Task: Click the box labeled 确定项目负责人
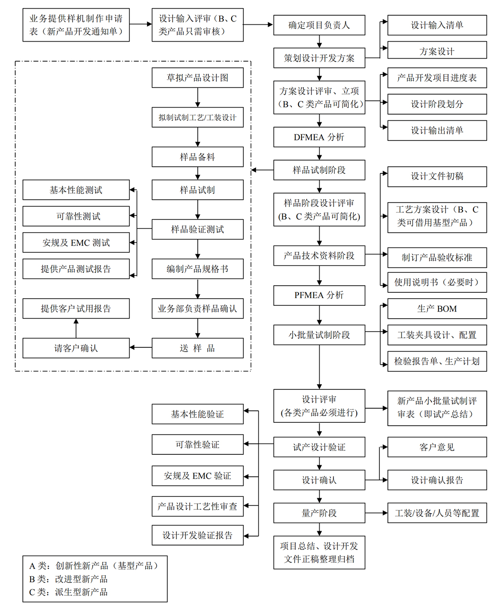319,25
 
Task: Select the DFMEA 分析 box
319,137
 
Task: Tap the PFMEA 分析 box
319,295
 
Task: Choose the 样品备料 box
197,157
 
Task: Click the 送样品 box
197,348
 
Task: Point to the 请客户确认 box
76,348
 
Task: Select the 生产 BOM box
437,309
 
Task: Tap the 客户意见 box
437,447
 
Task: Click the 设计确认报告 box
437,480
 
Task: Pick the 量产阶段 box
319,513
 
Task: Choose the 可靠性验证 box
197,445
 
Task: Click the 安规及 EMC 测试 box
76,243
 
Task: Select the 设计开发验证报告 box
197,535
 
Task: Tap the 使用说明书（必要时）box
437,282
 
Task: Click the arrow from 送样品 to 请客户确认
140,348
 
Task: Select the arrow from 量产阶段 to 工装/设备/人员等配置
376,513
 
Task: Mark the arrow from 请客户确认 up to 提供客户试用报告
76,328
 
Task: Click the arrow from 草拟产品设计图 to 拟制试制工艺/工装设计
198,98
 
